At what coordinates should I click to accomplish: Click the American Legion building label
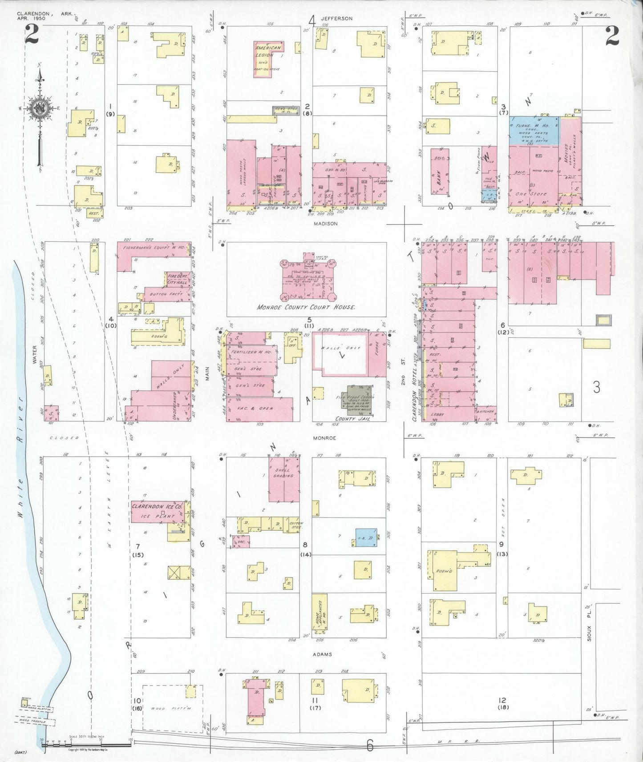point(268,51)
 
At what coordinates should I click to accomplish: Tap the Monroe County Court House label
point(306,307)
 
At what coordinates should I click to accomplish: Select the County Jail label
point(352,419)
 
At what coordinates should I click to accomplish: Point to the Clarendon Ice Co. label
point(157,506)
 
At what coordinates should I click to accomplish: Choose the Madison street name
point(325,224)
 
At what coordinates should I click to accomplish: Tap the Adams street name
point(322,654)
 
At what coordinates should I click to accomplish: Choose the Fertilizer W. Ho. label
point(251,352)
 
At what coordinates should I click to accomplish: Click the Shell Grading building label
point(283,473)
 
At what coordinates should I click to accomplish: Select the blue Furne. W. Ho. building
point(534,131)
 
